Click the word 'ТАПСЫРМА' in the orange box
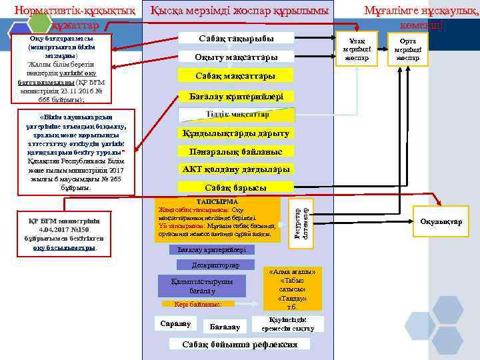click(x=217, y=201)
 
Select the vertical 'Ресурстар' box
click(x=299, y=220)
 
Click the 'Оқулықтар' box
click(x=441, y=222)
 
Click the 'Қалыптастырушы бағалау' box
click(x=193, y=286)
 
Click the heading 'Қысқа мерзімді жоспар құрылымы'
click(x=239, y=11)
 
